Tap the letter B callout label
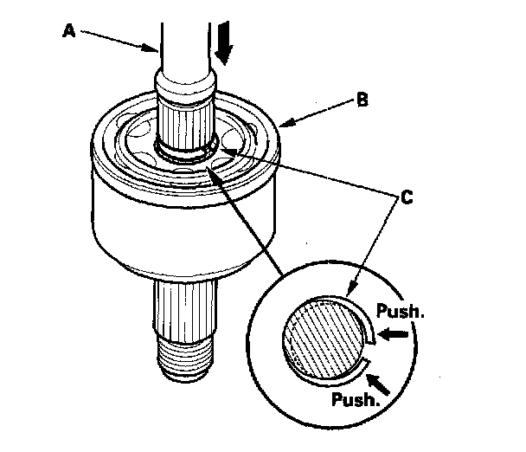362,100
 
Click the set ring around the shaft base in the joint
185,155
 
